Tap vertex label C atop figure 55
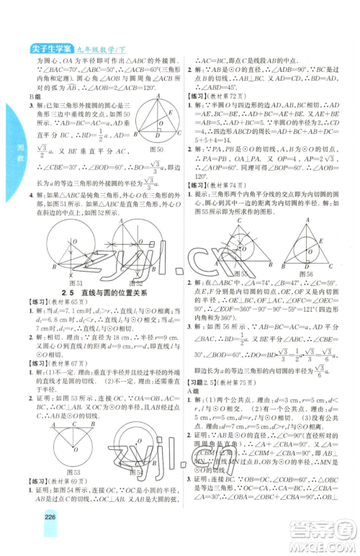click(233, 214)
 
